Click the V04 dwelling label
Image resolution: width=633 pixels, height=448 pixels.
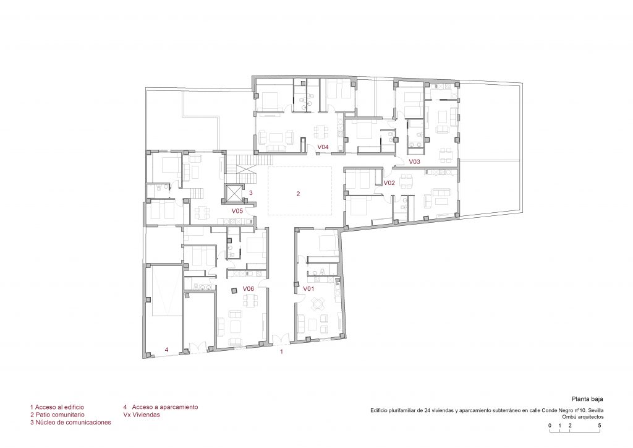[323, 147]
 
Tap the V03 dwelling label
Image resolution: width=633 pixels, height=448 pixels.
[415, 162]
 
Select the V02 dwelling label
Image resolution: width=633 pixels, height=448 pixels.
[389, 183]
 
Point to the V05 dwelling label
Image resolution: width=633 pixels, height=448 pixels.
[237, 211]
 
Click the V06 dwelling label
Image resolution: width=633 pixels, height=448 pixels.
[249, 289]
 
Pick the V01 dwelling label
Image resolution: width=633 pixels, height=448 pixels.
[309, 289]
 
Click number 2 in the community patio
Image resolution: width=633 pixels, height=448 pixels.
[299, 194]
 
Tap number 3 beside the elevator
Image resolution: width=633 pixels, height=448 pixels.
[251, 193]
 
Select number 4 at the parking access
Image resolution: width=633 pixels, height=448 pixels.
[167, 350]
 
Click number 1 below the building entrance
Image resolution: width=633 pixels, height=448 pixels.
[282, 352]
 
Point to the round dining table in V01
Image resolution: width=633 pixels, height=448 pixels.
[318, 304]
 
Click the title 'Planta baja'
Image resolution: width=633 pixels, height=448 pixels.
[587, 399]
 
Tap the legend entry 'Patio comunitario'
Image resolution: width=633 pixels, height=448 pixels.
[57, 415]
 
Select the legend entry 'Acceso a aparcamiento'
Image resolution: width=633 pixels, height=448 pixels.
[161, 407]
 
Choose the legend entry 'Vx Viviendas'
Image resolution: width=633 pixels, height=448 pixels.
[142, 415]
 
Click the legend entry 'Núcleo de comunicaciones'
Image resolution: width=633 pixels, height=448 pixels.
[70, 423]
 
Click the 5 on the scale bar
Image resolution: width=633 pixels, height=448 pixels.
[600, 425]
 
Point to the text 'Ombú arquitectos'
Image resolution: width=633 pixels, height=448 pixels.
[583, 417]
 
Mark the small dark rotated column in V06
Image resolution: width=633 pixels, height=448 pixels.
[234, 290]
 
